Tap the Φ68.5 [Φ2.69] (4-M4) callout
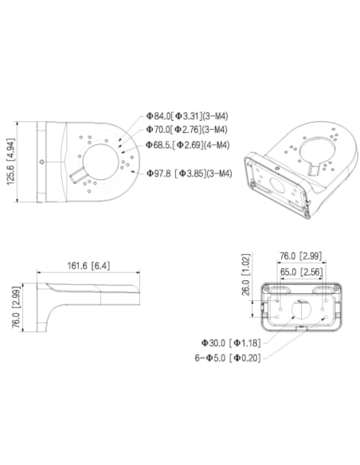(x=188, y=145)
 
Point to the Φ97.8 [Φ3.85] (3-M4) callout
(x=190, y=172)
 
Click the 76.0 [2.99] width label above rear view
(x=300, y=256)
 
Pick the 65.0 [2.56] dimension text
(x=300, y=272)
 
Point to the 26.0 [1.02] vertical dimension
(x=246, y=274)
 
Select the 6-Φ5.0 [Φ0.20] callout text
(x=227, y=358)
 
